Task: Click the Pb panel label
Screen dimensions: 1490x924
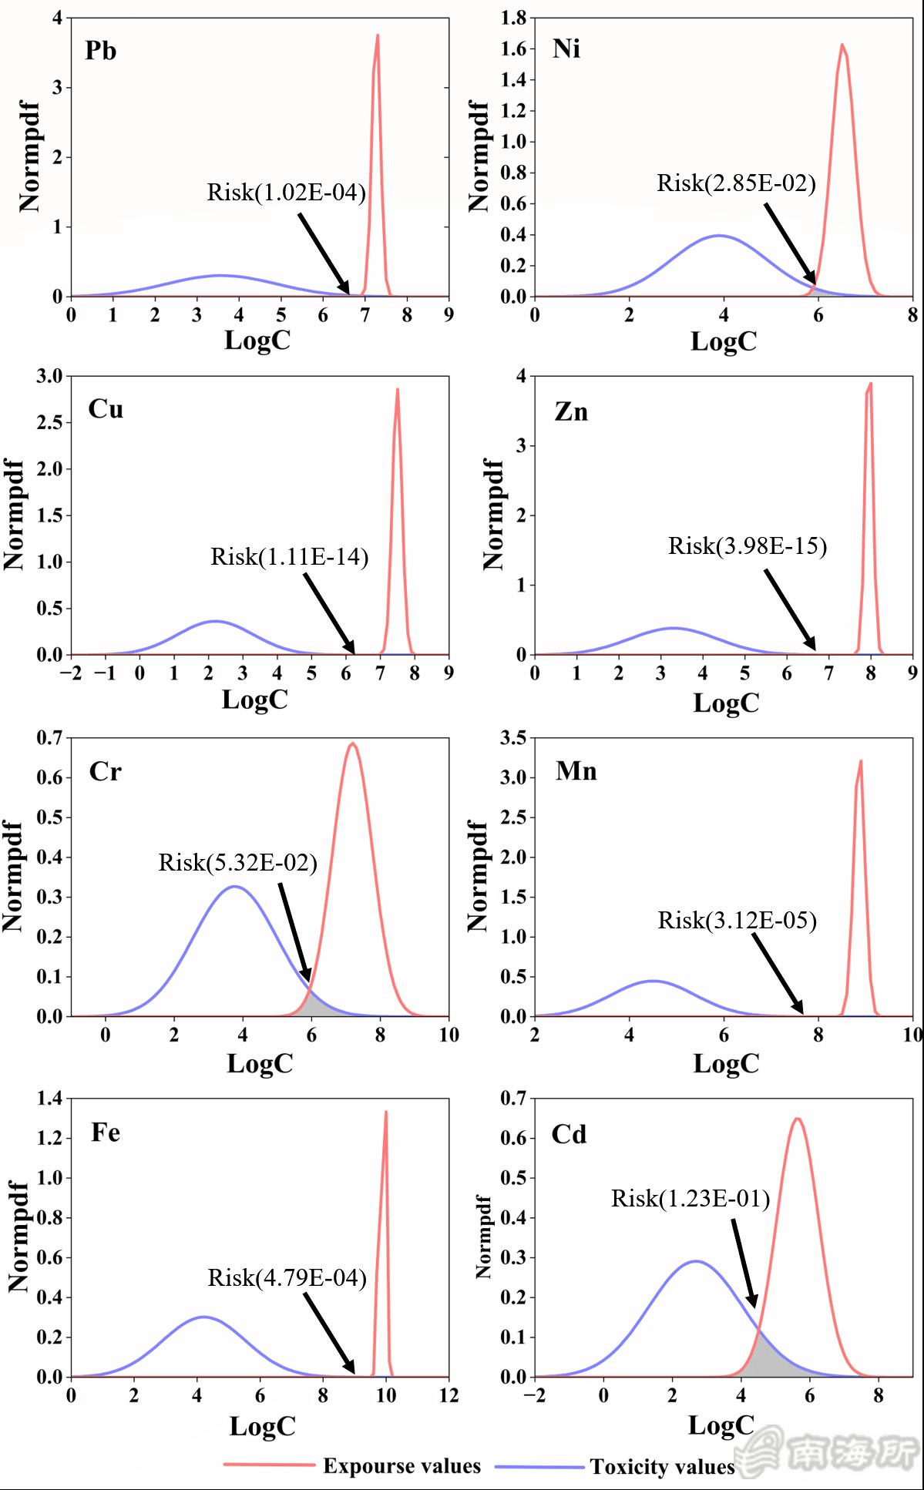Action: click(x=101, y=51)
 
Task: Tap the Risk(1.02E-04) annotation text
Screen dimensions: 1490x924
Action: click(x=286, y=192)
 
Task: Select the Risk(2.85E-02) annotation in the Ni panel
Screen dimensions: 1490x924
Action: click(x=736, y=183)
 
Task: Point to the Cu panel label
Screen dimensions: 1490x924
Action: click(x=106, y=408)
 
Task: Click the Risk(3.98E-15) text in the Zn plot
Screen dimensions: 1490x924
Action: click(x=747, y=546)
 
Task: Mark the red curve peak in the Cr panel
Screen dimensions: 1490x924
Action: click(x=352, y=743)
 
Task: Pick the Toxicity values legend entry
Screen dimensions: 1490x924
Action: click(x=662, y=1466)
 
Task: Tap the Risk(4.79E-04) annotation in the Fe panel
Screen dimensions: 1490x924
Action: click(x=287, y=1278)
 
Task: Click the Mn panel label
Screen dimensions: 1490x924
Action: click(x=576, y=771)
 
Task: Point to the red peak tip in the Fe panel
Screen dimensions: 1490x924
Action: click(x=385, y=1112)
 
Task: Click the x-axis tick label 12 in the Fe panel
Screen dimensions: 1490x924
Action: click(x=448, y=1396)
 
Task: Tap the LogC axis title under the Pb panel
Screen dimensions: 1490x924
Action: click(x=257, y=340)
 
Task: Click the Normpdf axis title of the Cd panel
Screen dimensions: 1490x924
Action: click(x=483, y=1237)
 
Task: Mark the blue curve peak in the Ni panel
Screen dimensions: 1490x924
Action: click(x=720, y=235)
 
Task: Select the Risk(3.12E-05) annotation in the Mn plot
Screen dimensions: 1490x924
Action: click(x=737, y=920)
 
